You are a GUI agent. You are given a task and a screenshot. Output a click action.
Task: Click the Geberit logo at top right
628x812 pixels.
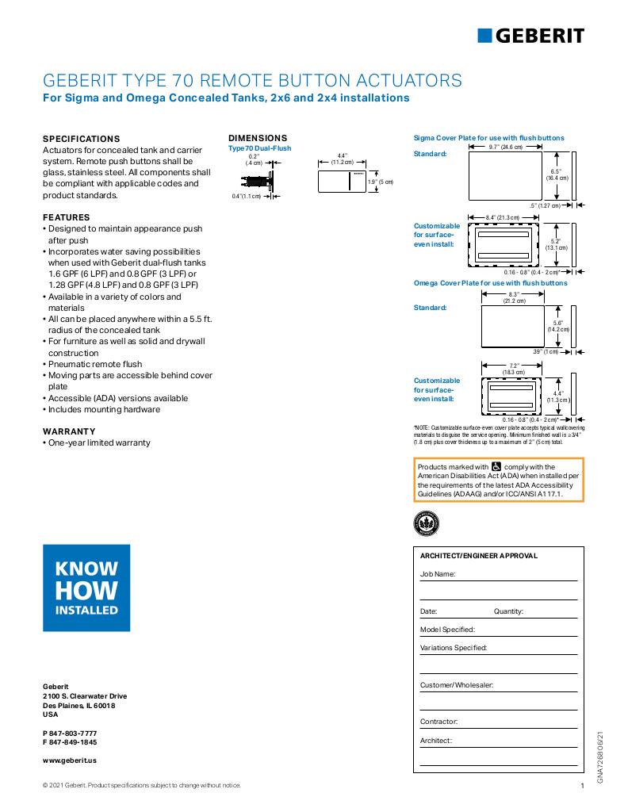click(x=530, y=36)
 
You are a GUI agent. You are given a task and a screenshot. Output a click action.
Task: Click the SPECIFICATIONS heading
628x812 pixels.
click(x=81, y=138)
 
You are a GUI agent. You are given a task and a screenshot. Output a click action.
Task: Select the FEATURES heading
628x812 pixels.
click(x=66, y=217)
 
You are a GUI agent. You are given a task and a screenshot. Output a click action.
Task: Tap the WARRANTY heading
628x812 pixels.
click(x=69, y=431)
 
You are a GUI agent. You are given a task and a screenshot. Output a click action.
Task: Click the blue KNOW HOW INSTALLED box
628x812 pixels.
click(x=86, y=588)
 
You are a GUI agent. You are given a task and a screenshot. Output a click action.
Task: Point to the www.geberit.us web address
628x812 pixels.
click(x=70, y=760)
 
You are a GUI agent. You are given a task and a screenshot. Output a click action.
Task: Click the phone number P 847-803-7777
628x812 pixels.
click(x=70, y=732)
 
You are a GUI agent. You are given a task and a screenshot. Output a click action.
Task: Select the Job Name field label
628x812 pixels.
click(x=438, y=573)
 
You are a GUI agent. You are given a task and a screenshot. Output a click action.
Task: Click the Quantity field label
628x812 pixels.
click(x=508, y=611)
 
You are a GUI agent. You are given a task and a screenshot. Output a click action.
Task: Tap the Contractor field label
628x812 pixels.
click(x=438, y=722)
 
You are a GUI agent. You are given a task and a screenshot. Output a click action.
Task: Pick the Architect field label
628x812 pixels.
click(x=436, y=741)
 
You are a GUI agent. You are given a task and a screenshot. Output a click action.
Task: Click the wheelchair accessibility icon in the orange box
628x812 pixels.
click(x=496, y=467)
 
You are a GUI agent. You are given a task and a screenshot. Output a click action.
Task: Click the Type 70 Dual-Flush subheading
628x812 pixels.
click(x=259, y=148)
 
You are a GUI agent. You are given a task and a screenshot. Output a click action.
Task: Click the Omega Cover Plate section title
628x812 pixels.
click(x=491, y=283)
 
